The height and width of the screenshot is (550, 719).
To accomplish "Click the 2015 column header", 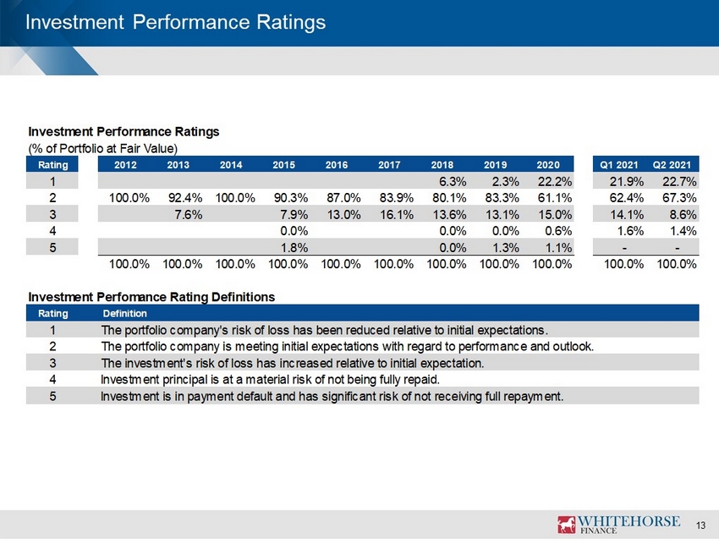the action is [x=284, y=165].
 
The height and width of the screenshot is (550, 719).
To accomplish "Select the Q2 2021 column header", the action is [x=672, y=165].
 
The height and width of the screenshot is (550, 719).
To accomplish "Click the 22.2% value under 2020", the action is [x=555, y=182].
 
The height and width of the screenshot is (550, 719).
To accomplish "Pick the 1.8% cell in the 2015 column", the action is [x=294, y=248].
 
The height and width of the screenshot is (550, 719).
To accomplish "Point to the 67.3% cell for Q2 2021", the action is [x=679, y=198].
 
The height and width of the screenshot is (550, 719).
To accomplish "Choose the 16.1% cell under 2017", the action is [x=397, y=215].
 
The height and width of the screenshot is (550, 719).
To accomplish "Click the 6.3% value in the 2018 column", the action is [x=453, y=182].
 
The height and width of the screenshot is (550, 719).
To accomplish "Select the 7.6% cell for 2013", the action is [x=189, y=215].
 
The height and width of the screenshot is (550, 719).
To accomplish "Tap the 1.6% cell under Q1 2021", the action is [x=630, y=231].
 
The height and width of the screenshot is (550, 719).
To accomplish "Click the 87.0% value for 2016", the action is [x=344, y=198].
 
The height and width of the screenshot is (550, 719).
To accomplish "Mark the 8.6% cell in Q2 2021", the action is [x=683, y=215].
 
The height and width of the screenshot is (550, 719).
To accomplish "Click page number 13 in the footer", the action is [x=700, y=525].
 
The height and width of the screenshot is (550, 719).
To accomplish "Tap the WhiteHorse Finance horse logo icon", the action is [x=566, y=525].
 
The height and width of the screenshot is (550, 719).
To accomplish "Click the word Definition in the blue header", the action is [x=124, y=313].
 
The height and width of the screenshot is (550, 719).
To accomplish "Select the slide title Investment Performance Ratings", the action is [x=176, y=22].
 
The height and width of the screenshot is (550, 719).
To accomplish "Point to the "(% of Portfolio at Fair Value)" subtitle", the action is [x=102, y=149].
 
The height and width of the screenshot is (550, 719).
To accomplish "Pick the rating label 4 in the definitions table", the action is [x=52, y=380].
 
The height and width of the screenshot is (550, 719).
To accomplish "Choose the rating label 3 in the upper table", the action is [x=52, y=215].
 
